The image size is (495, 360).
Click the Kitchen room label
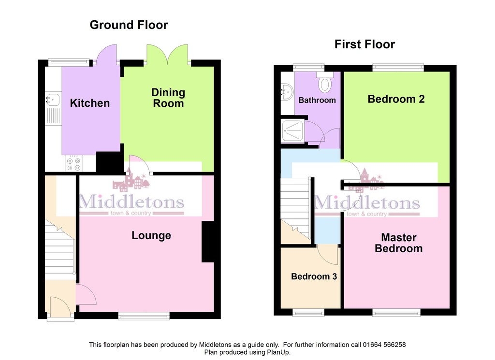(x=89, y=103)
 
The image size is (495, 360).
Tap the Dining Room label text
(x=168, y=98)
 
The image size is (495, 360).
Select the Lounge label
(x=151, y=235)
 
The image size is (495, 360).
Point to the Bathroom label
(x=317, y=100)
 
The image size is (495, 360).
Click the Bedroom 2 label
(x=396, y=99)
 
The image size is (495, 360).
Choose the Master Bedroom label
(x=399, y=243)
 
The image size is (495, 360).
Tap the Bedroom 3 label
(x=314, y=276)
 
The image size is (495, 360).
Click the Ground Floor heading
(x=129, y=25)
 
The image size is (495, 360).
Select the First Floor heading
(x=364, y=44)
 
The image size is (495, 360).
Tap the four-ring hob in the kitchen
(x=73, y=163)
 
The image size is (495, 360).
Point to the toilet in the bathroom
(x=324, y=82)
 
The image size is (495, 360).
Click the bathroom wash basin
(x=287, y=92)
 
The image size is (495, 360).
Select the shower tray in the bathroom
(x=292, y=131)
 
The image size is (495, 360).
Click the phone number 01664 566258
(x=384, y=345)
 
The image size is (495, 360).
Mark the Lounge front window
(x=144, y=316)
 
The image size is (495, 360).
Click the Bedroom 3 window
(x=308, y=312)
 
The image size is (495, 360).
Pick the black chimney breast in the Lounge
(x=208, y=242)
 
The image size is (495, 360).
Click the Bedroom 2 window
(x=398, y=67)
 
